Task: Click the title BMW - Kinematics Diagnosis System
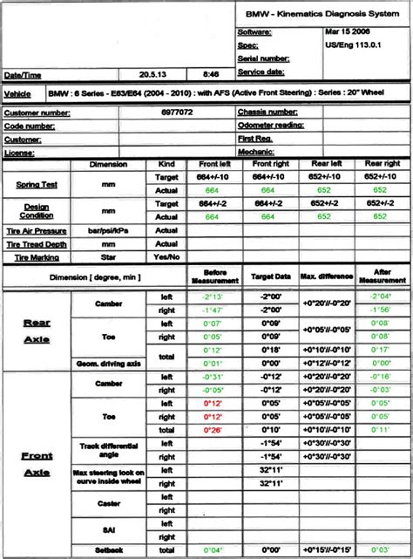[x=323, y=15]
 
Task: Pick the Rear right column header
[x=382, y=164]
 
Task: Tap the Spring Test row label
[x=37, y=184]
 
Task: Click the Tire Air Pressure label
[x=37, y=231]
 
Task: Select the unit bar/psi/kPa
[x=108, y=231]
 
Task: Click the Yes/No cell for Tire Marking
[x=166, y=257]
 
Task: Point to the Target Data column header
[x=270, y=276]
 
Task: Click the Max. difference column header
[x=326, y=276]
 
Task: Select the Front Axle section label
[x=37, y=463]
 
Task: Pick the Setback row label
[x=109, y=550]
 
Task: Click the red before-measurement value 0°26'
[x=213, y=429]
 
